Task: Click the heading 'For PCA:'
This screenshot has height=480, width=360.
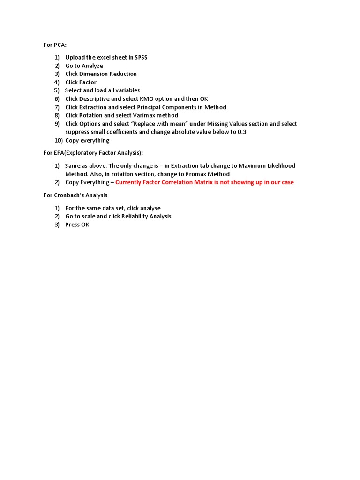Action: [55, 45]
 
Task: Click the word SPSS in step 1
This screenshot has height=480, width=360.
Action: [141, 57]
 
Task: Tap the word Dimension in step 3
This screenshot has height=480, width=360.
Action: [94, 74]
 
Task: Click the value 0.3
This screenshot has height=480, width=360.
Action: [242, 132]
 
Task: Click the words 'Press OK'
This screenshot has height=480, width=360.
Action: [77, 225]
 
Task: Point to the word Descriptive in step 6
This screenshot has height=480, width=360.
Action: [94, 99]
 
